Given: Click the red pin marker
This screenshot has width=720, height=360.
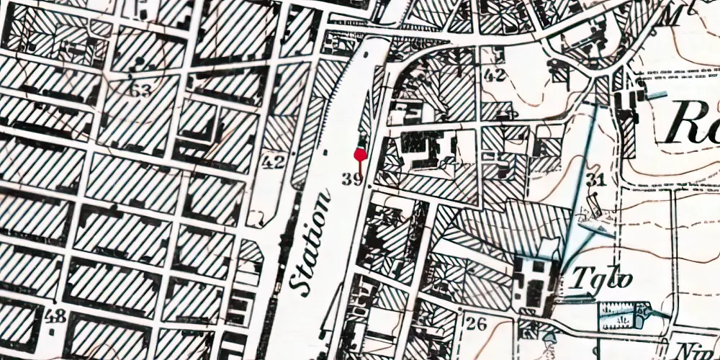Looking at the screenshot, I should (360, 153).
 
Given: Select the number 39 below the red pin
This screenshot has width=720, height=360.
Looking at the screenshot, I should (352, 179).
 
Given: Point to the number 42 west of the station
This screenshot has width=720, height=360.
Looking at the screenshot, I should (273, 162).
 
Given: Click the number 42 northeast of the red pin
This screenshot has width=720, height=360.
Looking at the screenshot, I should (495, 74).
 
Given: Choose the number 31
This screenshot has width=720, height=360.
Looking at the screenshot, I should (595, 179).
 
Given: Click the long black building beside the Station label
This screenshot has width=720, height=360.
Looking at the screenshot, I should (284, 238).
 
